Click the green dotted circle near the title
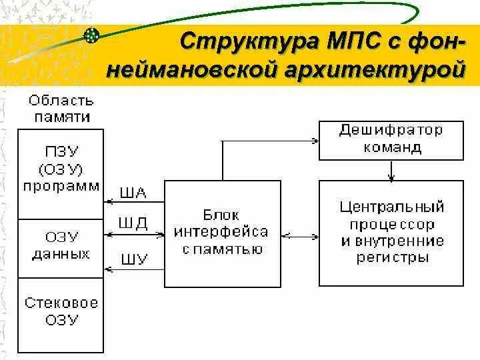click(x=92, y=35)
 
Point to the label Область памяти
click(x=61, y=109)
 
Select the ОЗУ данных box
click(x=61, y=247)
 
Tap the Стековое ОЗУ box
click(x=61, y=313)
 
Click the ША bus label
click(x=133, y=193)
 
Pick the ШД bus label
click(x=133, y=223)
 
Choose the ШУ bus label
click(x=133, y=259)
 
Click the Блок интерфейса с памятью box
click(x=221, y=233)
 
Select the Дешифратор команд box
click(x=391, y=139)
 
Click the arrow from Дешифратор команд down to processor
click(x=391, y=170)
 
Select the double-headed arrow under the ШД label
click(x=133, y=234)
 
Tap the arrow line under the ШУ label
click(x=133, y=269)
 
